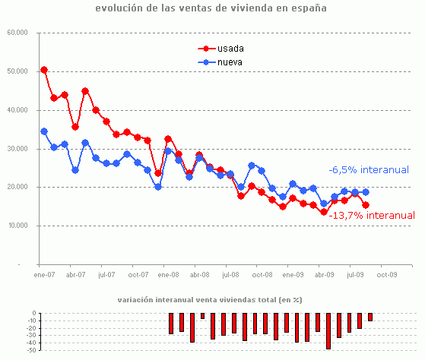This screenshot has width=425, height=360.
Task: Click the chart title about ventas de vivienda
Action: (211, 9)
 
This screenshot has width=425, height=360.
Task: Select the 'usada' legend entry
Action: (229, 49)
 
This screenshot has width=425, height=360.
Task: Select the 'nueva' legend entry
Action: (229, 62)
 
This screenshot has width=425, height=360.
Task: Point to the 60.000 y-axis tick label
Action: (17, 33)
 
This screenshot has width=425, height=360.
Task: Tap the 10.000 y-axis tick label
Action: (17, 226)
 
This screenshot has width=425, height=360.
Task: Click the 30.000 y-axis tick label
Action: (17, 149)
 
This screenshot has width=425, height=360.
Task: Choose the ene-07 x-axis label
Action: (44, 274)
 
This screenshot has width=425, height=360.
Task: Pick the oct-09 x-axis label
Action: (387, 274)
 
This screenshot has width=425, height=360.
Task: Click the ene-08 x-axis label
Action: (168, 274)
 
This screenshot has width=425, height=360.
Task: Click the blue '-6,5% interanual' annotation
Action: (369, 170)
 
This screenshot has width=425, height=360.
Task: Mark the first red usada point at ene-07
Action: (44, 70)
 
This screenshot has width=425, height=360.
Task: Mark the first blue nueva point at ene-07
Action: (44, 131)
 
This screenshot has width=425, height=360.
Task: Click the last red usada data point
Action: (366, 205)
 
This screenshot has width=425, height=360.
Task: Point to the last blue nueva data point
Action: (366, 192)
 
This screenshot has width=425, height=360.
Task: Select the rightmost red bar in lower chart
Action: (370, 317)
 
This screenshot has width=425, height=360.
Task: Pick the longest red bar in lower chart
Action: (328, 330)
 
